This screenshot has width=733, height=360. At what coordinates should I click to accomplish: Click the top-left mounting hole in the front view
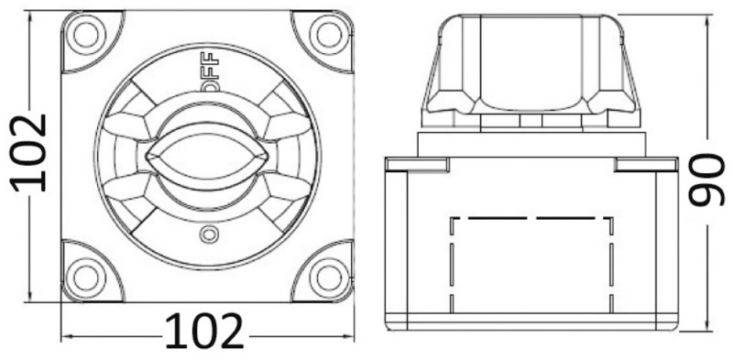pyautogui.click(x=85, y=34)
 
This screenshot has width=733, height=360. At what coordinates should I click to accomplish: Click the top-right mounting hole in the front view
pyautogui.click(x=327, y=34)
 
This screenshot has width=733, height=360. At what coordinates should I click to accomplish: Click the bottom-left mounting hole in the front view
pyautogui.click(x=85, y=274)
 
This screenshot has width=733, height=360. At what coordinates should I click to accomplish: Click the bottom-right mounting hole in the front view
pyautogui.click(x=327, y=274)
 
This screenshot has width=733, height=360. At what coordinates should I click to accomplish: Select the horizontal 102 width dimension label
pyautogui.click(x=205, y=332)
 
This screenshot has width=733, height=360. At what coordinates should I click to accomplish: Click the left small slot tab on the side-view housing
pyautogui.click(x=417, y=164)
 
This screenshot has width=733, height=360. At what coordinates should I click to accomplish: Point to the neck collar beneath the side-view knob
pyautogui.click(x=532, y=142)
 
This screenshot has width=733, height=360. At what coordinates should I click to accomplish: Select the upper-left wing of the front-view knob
pyautogui.click(x=128, y=124)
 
